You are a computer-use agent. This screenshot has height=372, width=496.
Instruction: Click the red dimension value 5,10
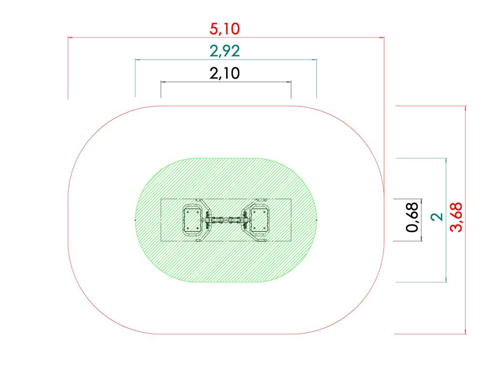(224, 29)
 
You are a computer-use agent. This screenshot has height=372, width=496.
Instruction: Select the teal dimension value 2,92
(224, 51)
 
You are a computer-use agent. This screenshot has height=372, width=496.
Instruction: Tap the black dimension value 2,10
(224, 74)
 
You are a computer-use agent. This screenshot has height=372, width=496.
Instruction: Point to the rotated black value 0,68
(412, 220)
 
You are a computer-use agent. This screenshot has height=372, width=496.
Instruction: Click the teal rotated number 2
(437, 217)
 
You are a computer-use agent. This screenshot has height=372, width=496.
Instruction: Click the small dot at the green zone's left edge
(135, 220)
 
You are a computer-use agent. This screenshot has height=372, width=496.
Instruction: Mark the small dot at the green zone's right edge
(316, 220)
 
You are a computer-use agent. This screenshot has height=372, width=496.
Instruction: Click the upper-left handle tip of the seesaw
(198, 200)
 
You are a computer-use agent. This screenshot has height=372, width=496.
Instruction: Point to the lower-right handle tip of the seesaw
(262, 240)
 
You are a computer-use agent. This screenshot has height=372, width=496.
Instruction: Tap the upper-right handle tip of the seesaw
(262, 200)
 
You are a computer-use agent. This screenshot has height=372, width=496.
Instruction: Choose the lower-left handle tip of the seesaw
(198, 240)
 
